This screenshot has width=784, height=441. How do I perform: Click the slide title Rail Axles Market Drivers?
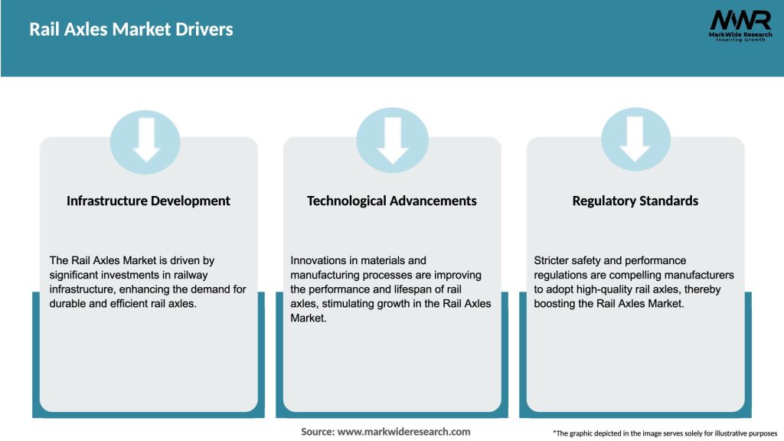(131, 30)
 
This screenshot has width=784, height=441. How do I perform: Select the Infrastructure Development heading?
(149, 201)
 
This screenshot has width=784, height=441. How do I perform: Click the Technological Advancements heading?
(392, 201)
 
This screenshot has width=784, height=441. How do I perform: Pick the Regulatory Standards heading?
(635, 201)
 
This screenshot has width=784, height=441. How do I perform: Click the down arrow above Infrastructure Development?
(146, 140)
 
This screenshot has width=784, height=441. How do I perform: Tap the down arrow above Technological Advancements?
(392, 140)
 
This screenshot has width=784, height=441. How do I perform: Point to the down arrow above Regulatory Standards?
(635, 140)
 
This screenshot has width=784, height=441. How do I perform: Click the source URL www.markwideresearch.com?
(403, 432)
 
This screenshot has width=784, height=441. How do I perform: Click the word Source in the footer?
(317, 432)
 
